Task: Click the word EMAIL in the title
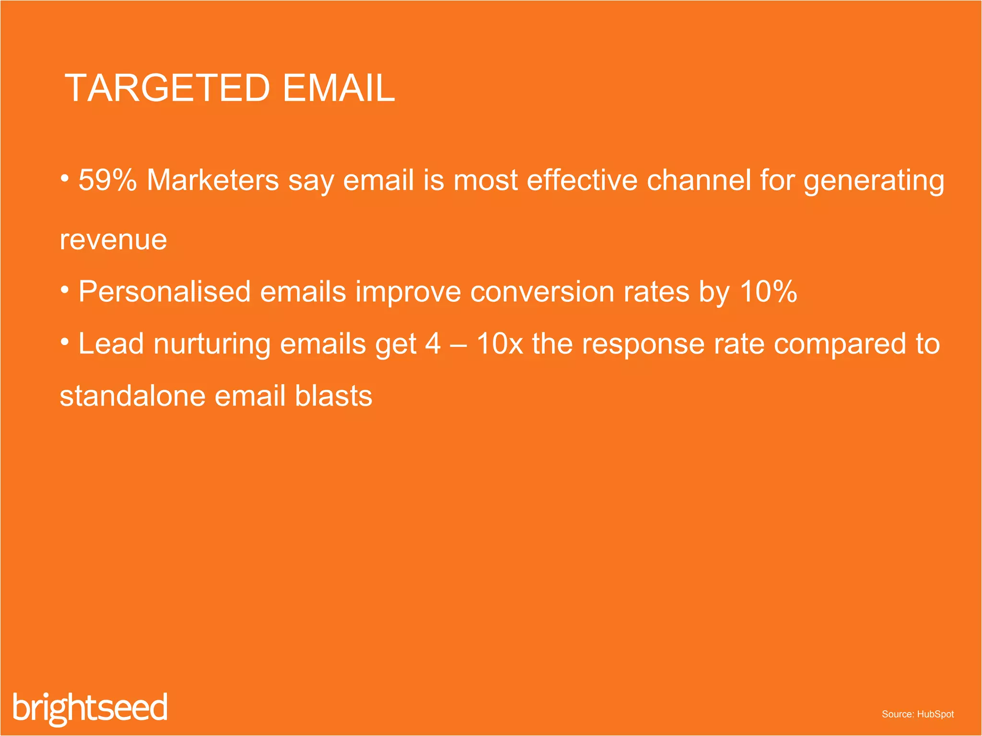pyautogui.click(x=339, y=88)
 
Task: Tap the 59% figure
pyautogui.click(x=107, y=180)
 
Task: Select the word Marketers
pyautogui.click(x=212, y=180)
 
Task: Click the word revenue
pyautogui.click(x=113, y=240)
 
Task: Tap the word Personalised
pyautogui.click(x=164, y=291)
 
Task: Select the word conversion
pyautogui.click(x=542, y=291)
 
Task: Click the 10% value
pyautogui.click(x=768, y=291)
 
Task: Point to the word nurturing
pyautogui.click(x=211, y=344)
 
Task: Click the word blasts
pyautogui.click(x=333, y=396)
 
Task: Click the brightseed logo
pyautogui.click(x=90, y=708)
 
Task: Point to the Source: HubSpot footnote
pyautogui.click(x=917, y=714)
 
